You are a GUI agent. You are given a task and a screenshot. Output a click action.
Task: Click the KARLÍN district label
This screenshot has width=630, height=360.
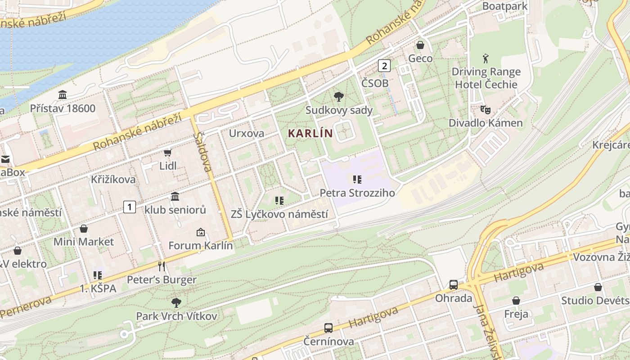click(310, 133)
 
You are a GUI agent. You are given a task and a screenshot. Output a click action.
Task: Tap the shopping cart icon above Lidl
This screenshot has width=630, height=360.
click(168, 153)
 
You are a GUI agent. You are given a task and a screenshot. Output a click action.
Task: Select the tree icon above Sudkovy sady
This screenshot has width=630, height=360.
click(338, 97)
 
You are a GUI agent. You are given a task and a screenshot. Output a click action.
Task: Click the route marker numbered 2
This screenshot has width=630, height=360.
click(384, 66)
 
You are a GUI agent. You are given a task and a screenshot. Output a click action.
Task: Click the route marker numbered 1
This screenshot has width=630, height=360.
click(130, 207)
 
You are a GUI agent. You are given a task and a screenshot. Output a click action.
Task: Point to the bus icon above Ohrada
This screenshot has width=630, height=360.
click(454, 285)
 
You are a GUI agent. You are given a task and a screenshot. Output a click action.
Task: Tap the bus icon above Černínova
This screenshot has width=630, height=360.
click(328, 328)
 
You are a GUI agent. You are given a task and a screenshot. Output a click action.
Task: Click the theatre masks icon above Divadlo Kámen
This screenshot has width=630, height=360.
click(485, 109)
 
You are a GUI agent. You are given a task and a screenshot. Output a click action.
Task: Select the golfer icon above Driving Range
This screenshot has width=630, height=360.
click(486, 58)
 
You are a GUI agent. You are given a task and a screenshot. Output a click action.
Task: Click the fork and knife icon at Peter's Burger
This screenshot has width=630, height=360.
click(162, 266)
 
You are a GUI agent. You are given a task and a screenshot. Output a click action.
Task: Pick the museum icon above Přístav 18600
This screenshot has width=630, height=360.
click(63, 95)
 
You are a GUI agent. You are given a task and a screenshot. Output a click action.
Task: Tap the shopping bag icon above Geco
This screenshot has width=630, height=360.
click(420, 45)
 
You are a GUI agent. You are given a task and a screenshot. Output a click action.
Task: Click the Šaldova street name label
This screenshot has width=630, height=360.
click(202, 152)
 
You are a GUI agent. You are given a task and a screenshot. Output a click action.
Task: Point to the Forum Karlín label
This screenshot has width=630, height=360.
click(200, 246)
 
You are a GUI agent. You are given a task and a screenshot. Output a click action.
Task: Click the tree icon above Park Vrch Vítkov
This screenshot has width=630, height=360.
click(176, 302)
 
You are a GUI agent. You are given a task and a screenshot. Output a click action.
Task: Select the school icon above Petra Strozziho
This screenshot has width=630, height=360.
click(357, 180)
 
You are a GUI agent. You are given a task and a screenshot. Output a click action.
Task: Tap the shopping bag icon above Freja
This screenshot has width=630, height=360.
click(516, 301)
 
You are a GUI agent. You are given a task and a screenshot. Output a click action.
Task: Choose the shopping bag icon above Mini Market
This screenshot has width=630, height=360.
click(84, 229)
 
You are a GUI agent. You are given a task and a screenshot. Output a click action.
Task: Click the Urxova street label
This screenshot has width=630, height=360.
click(247, 133)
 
